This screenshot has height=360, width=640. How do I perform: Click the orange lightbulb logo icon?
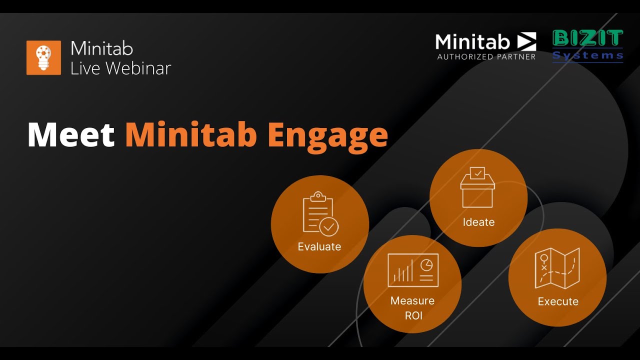tap(44, 58)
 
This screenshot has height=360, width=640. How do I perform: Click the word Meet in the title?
tap(71, 135)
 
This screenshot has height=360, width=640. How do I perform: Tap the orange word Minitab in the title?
tap(190, 135)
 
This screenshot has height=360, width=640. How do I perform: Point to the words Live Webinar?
tap(120, 68)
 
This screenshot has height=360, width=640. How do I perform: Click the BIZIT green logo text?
tap(588, 38)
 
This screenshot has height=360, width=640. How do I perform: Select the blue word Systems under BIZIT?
tap(588, 55)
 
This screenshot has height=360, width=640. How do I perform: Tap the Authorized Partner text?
tap(486, 56)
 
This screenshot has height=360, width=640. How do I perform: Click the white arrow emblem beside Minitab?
tap(526, 41)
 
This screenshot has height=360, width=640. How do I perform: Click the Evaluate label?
tap(319, 246)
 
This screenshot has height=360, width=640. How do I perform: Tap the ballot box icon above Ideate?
tap(477, 187)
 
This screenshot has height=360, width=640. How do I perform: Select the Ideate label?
tap(478, 222)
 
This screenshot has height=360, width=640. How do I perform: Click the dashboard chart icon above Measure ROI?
tap(413, 270)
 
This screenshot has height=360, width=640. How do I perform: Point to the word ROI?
tap(413, 315)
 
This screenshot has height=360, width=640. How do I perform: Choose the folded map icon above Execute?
tap(557, 268)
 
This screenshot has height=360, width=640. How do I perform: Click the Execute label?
tap(558, 301)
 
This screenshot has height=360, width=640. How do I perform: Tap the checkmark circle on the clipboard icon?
tap(328, 226)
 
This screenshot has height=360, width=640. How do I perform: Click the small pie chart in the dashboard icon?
tap(426, 265)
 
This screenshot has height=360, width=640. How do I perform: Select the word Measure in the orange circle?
tap(412, 300)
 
